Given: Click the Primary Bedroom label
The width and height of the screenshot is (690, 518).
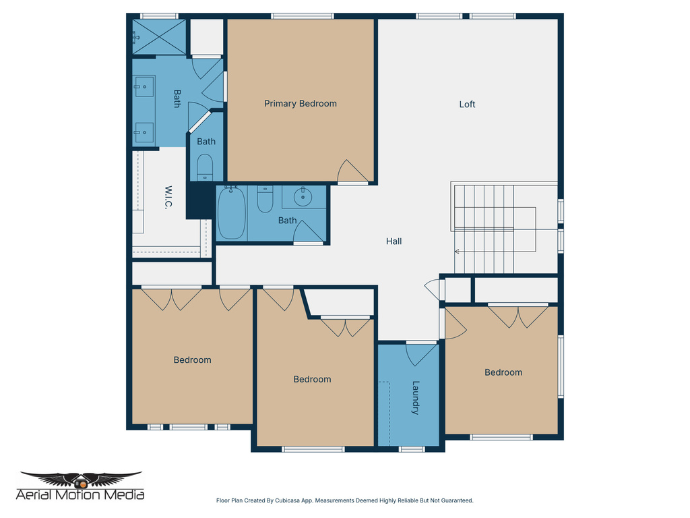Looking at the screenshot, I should [x=300, y=103].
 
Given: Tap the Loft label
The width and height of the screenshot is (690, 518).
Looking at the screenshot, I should [x=467, y=104].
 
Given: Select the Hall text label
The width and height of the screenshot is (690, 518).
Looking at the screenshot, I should [x=394, y=241].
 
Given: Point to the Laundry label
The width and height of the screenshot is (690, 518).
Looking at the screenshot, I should [x=416, y=397].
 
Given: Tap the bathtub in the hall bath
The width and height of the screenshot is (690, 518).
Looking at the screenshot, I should [x=231, y=212].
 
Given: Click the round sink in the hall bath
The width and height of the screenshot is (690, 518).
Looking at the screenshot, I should [x=303, y=197].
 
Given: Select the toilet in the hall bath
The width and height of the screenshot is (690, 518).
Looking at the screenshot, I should [x=265, y=199].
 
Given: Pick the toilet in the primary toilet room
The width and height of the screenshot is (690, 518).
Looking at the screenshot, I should [x=205, y=167].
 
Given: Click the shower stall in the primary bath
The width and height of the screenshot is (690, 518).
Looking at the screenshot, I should [x=159, y=36].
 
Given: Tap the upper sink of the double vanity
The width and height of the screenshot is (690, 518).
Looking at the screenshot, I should [x=144, y=86].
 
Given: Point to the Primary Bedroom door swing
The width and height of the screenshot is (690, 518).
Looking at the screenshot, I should [x=352, y=171].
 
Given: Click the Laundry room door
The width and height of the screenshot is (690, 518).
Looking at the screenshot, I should [x=421, y=353].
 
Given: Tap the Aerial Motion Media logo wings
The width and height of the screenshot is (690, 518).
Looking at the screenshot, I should [x=81, y=480].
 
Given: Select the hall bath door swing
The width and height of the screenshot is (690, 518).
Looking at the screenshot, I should [x=307, y=231].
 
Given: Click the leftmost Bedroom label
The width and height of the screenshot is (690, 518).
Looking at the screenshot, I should [x=192, y=359].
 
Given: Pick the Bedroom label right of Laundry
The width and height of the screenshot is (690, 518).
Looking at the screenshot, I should [x=503, y=372].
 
